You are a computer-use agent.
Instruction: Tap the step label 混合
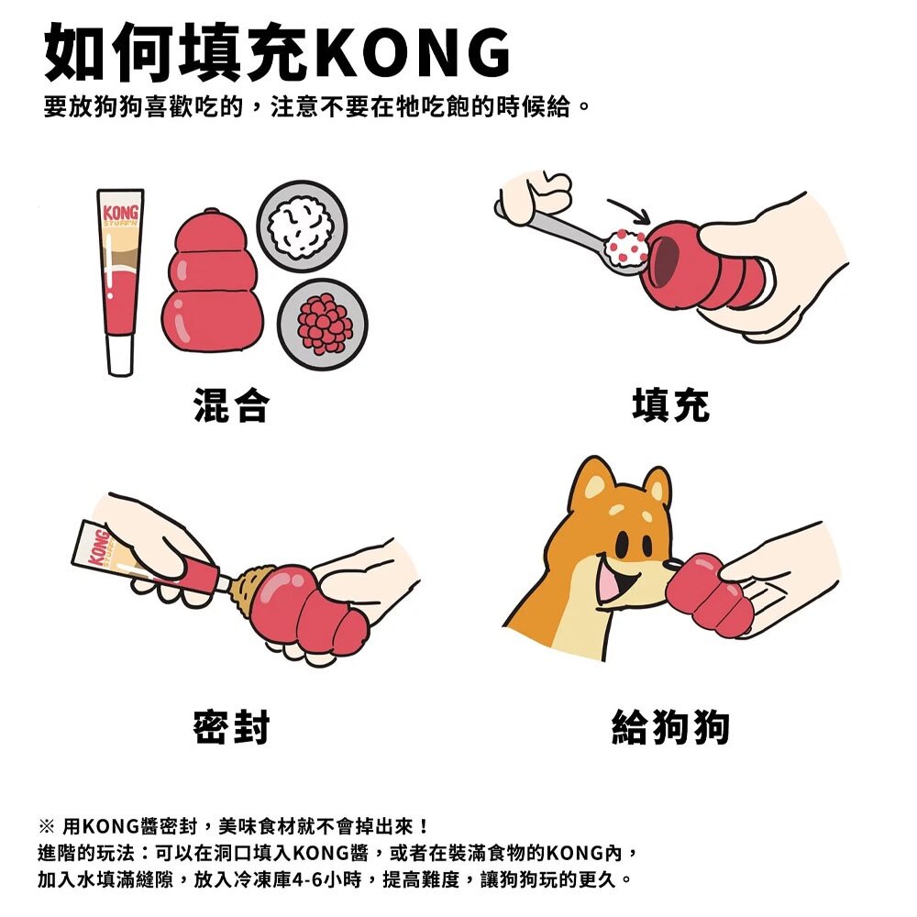pos(232,404)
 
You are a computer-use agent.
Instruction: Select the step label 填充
pos(671,404)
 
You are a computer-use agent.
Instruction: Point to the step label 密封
pos(232,727)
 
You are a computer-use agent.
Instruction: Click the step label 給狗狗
pos(671,727)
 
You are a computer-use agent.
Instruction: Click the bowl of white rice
pos(302,226)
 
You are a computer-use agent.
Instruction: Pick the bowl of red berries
pos(322,324)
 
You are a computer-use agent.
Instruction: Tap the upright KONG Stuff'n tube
pos(120,282)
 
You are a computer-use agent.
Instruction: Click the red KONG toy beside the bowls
pos(212,281)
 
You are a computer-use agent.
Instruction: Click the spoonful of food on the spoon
pos(625,249)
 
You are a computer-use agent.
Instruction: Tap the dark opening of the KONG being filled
pos(668,260)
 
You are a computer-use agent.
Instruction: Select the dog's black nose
pos(674,565)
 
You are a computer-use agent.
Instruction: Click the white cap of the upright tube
pos(120,354)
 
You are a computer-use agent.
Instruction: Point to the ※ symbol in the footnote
pos(46,826)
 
